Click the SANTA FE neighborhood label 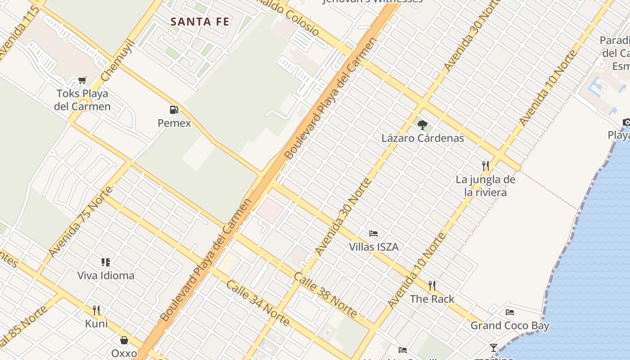200,21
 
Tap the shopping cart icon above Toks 82,81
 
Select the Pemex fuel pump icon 174,109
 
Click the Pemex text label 174,123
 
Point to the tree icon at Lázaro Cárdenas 422,125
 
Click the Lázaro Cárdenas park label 423,138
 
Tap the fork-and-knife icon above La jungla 485,166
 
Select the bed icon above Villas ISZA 373,234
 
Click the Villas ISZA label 373,247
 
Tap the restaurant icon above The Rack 432,285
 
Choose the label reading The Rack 432,299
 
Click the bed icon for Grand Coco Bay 510,312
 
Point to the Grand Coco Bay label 510,325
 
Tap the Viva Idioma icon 106,262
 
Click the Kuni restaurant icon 96,310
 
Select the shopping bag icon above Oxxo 124,340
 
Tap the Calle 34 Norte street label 257,302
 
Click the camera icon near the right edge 626,122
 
